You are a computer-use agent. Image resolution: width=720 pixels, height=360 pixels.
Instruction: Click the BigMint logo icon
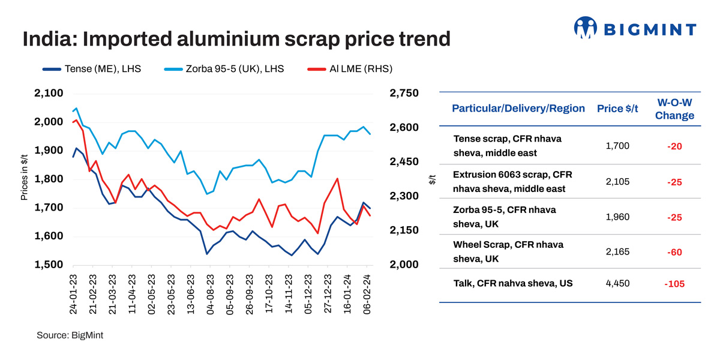point(586,28)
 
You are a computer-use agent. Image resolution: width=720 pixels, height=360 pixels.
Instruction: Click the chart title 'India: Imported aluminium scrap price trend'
point(236,40)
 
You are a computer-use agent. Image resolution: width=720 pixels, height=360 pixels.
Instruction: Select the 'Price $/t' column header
point(618,109)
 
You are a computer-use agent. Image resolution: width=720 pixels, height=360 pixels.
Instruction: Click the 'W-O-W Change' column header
point(675,109)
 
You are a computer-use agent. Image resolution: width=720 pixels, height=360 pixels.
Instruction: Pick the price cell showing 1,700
point(618,146)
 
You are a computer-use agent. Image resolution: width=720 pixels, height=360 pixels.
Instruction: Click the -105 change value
point(675,284)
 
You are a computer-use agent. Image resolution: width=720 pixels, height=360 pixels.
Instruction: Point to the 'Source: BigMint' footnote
point(70,335)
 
